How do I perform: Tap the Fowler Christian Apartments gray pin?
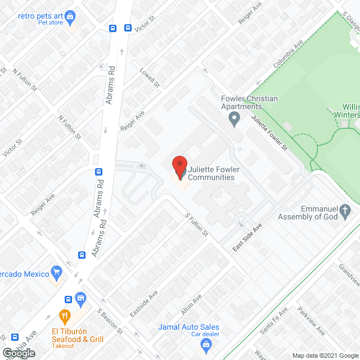[235, 118]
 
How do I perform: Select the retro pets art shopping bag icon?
[70, 17]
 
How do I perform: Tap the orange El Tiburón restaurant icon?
[66, 316]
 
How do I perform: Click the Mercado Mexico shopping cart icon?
[56, 274]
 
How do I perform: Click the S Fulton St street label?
[196, 224]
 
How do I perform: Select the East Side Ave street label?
[249, 237]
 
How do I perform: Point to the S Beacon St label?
[110, 319]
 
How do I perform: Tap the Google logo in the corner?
[19, 353]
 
